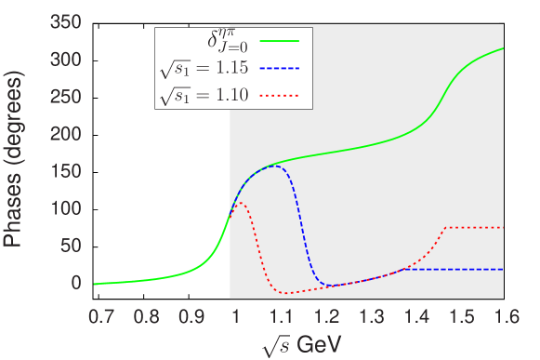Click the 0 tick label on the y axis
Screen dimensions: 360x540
point(78,283)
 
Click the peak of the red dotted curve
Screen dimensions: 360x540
point(239,203)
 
